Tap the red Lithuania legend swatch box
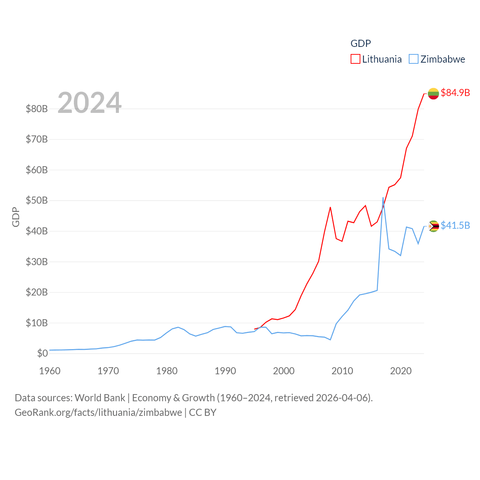pos(355,59)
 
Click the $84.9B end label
pos(455,93)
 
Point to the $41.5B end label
pos(455,225)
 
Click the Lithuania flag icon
pos(433,93)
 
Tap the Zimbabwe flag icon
pos(433,226)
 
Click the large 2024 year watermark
pos(89,103)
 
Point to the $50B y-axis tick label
pos(37,200)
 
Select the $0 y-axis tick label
pos(42,353)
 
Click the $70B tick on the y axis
pos(37,139)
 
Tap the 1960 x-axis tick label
pos(50,371)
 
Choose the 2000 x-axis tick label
pos(284,371)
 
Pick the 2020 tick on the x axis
pos(401,371)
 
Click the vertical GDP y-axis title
pos(16,217)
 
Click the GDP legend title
pos(361,43)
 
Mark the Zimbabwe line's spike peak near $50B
pos(383,198)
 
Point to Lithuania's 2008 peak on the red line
pos(330,207)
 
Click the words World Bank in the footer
pos(100,397)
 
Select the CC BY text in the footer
pos(202,412)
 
